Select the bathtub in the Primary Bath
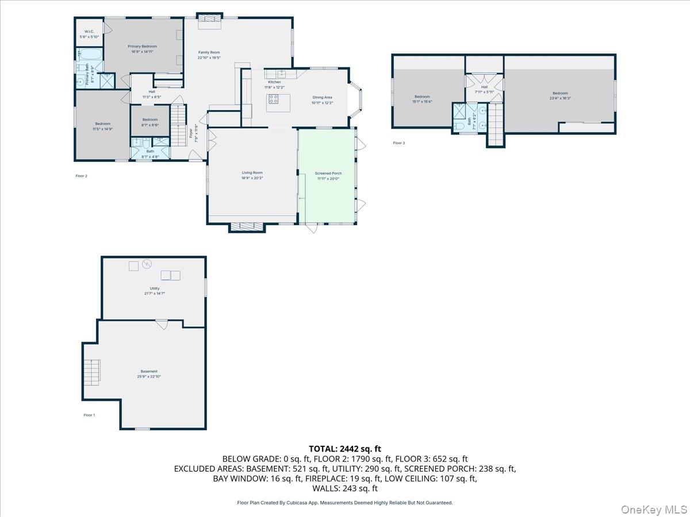coord(89,56)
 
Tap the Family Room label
coord(209,52)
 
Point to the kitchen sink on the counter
coord(282,74)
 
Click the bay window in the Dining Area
coord(356,98)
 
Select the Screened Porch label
coord(328,173)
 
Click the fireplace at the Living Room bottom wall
coord(247,227)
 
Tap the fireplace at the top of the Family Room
coord(210,22)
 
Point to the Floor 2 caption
coord(81,176)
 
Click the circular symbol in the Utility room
coord(147,264)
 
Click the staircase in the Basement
coord(92,372)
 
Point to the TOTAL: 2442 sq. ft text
coord(345,449)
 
